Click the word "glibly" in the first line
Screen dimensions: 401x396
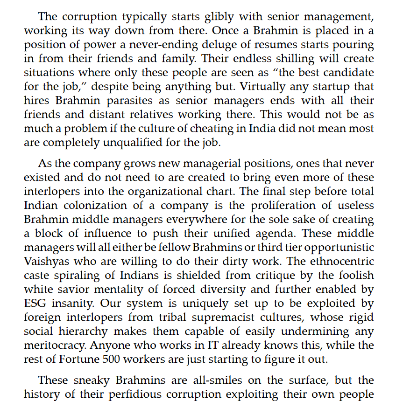point(221,17)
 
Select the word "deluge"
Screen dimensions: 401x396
point(226,46)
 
